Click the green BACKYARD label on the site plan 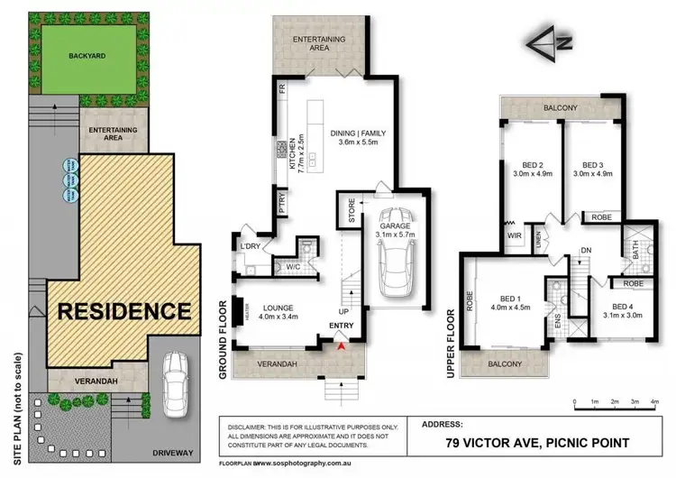tap(87, 55)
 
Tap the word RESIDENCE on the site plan tap(124, 311)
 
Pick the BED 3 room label tap(592, 165)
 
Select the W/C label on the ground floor tap(293, 266)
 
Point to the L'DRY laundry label tap(251, 246)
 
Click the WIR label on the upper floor tap(514, 237)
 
